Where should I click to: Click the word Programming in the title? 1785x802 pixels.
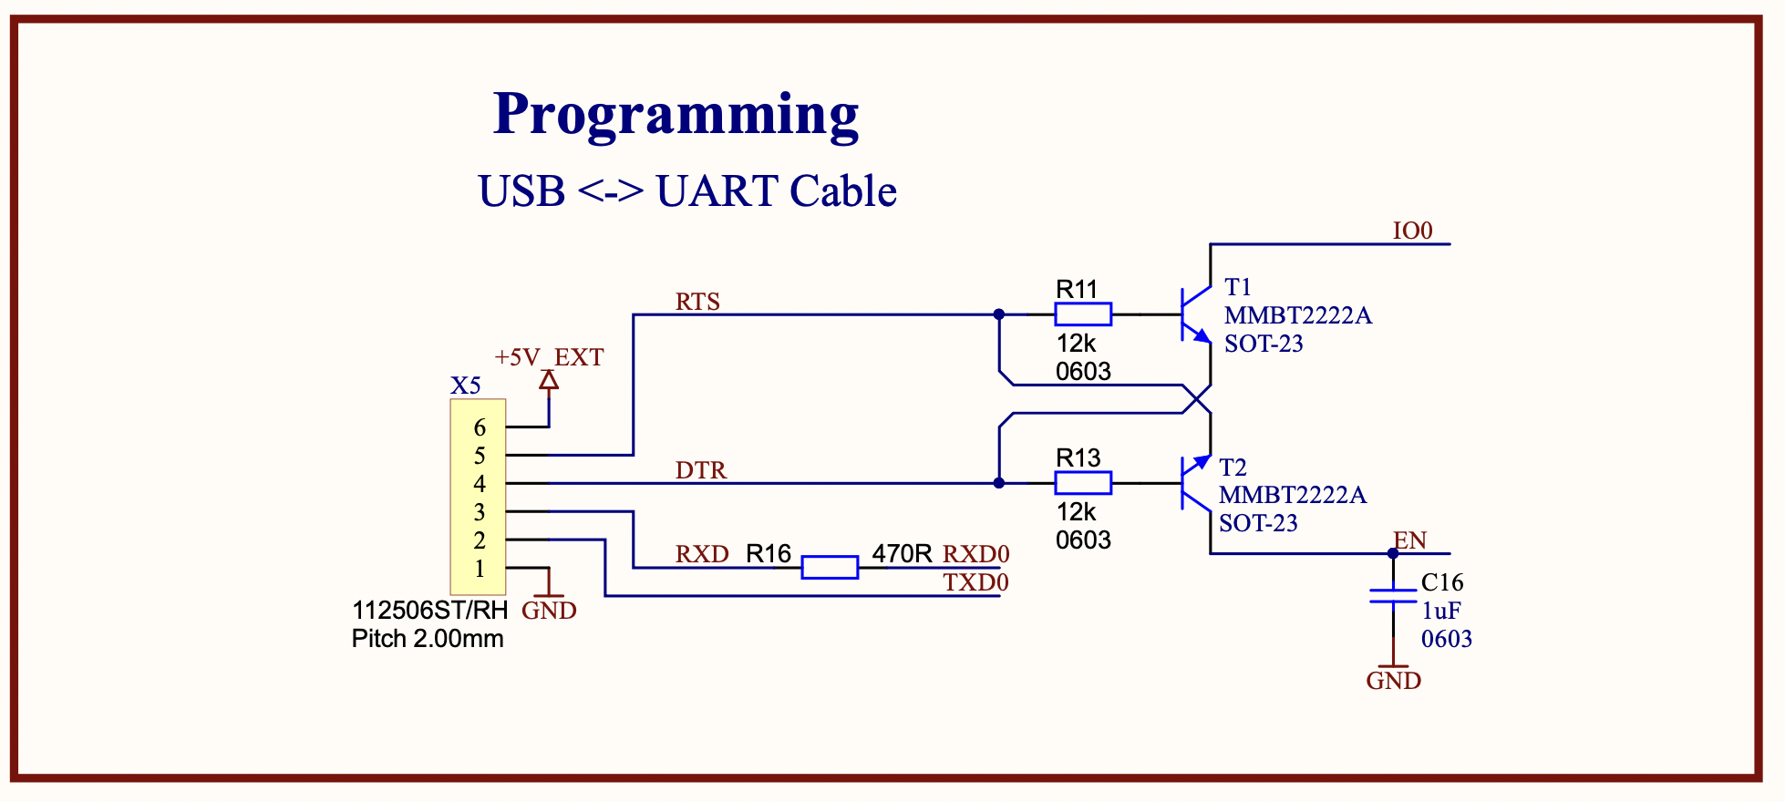tap(676, 115)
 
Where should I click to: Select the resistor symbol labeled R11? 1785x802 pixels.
tap(1083, 314)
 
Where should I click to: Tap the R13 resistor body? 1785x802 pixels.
tap(1083, 483)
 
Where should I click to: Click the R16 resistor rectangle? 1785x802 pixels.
tap(830, 568)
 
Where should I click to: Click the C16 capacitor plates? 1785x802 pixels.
tap(1393, 595)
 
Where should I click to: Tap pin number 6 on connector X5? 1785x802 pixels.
tap(480, 427)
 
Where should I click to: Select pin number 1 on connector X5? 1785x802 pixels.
tap(480, 569)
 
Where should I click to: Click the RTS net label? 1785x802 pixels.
tap(697, 302)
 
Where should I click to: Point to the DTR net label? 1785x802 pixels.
tap(701, 470)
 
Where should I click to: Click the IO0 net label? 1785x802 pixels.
tap(1412, 231)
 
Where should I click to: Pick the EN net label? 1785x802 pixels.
tap(1410, 540)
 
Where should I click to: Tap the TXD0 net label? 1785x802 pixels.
tap(975, 582)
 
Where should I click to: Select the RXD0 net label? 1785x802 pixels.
tap(975, 554)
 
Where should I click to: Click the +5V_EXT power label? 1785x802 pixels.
tap(549, 357)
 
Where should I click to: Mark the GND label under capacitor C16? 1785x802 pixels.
tap(1393, 681)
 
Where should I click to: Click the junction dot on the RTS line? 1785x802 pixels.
tap(999, 314)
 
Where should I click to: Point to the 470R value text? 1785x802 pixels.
tap(902, 553)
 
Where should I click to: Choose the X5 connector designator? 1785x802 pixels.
tap(465, 386)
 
